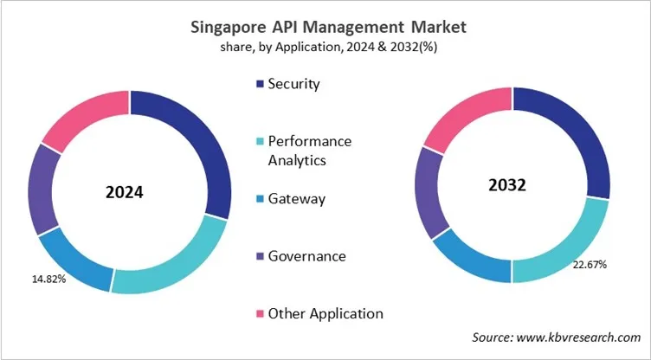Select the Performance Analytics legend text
click(x=309, y=150)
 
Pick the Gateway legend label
click(x=296, y=199)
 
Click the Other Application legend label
click(x=325, y=313)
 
